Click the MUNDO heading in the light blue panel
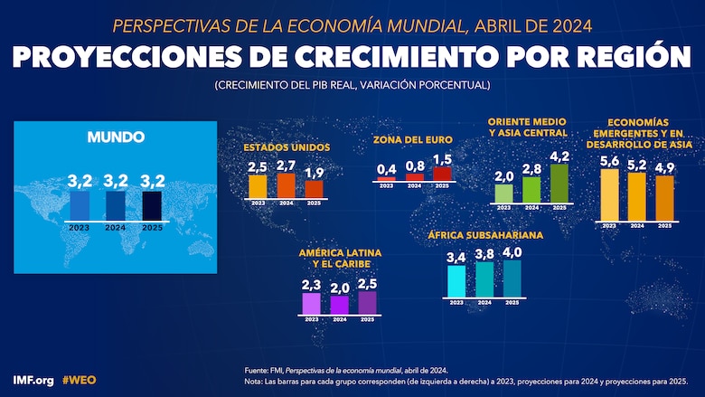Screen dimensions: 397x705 coord(116,137)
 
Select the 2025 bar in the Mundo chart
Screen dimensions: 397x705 coord(151,204)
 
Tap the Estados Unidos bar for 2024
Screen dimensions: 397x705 coord(286,185)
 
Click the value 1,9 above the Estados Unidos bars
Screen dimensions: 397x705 coord(314,172)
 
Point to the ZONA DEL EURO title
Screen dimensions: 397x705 coord(413,140)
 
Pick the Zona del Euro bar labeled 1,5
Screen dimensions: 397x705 coord(442,174)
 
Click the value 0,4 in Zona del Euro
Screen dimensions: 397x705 coord(387,169)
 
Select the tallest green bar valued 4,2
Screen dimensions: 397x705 coord(559,184)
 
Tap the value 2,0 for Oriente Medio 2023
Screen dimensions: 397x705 coord(504,176)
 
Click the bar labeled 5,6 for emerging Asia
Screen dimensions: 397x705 coord(609,194)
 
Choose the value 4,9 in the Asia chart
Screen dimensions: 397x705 coord(664,167)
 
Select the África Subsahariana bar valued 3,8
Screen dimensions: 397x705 coord(484,279)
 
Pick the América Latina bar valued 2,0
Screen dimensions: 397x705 coord(340,305)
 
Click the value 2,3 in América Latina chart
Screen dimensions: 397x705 coord(312,285)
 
